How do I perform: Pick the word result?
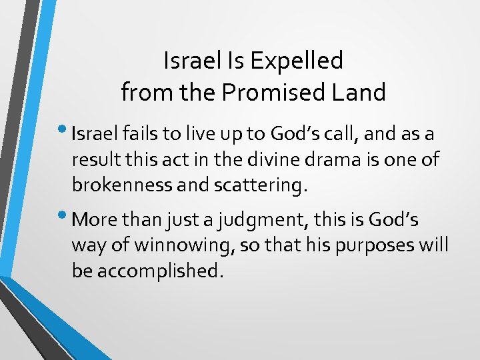(x=93, y=161)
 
